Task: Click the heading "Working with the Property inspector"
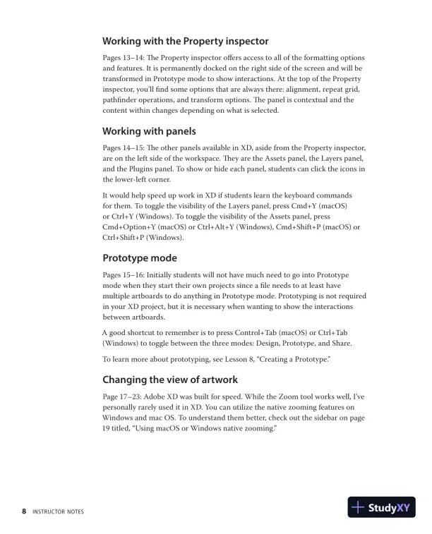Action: click(186, 41)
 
